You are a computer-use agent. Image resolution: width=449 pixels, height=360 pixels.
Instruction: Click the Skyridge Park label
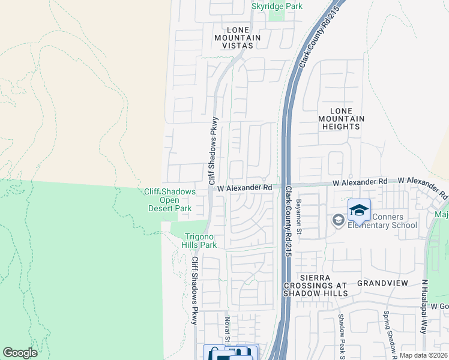tap(277, 6)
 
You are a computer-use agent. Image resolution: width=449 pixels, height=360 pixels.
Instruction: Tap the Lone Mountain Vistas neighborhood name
tap(238, 37)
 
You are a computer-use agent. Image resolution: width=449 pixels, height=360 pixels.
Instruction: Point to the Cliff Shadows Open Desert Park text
tap(170, 200)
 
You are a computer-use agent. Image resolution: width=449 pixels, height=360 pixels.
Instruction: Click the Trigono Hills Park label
tap(200, 241)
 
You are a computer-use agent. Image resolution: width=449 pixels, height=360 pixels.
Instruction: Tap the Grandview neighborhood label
tap(382, 283)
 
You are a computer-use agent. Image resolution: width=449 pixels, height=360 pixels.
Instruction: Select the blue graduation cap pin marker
tap(359, 210)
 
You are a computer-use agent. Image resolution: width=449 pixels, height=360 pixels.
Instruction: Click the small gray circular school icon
tap(338, 221)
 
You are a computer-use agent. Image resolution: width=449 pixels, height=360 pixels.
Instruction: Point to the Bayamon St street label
tap(298, 217)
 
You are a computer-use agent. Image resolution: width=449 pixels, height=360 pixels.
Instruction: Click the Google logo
tap(20, 353)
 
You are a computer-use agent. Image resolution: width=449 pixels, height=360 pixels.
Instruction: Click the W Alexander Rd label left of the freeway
tap(245, 188)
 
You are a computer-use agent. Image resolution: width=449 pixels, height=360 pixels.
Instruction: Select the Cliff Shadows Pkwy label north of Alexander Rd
tap(212, 151)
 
